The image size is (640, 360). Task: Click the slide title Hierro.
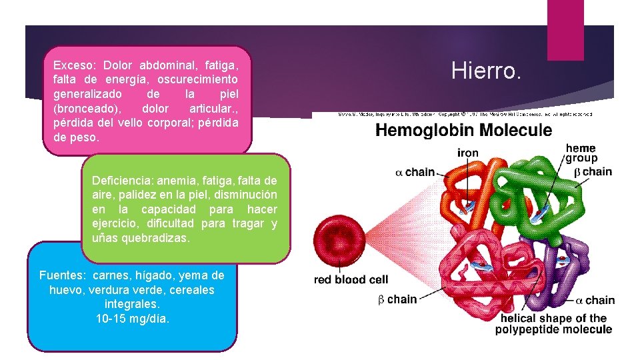[x=486, y=71]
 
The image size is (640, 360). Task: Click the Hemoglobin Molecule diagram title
[x=463, y=130]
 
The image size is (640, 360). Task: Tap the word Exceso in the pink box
[x=74, y=65]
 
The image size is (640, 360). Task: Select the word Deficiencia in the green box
[x=121, y=181]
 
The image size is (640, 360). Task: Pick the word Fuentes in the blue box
[x=63, y=275]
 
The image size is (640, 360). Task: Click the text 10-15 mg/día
[x=133, y=319]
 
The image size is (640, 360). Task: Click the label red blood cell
[x=351, y=279]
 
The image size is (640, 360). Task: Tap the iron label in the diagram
[x=467, y=153]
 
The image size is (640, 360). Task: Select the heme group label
[x=581, y=153]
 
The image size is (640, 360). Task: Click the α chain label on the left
[x=415, y=172]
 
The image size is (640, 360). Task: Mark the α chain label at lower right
[x=595, y=300]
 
